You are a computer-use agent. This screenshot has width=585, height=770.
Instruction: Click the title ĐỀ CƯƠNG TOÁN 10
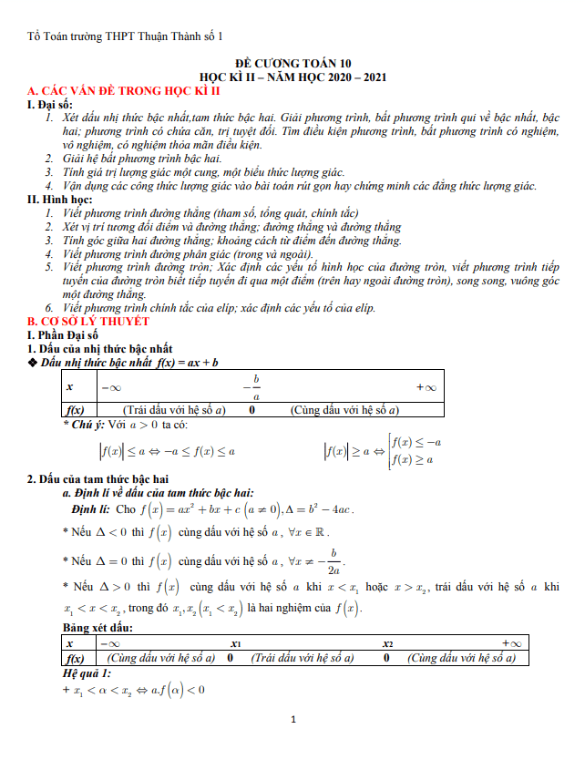(292, 64)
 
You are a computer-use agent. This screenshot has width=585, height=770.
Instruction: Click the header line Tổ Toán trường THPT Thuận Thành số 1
(126, 36)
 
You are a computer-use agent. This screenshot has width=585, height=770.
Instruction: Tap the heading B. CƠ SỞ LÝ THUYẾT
(87, 323)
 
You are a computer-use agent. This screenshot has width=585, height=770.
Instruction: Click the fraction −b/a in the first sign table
(256, 386)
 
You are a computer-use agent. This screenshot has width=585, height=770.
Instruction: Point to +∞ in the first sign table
(425, 386)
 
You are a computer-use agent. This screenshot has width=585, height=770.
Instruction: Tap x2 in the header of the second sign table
(387, 643)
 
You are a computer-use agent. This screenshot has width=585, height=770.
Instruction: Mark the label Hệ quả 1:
(87, 673)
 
